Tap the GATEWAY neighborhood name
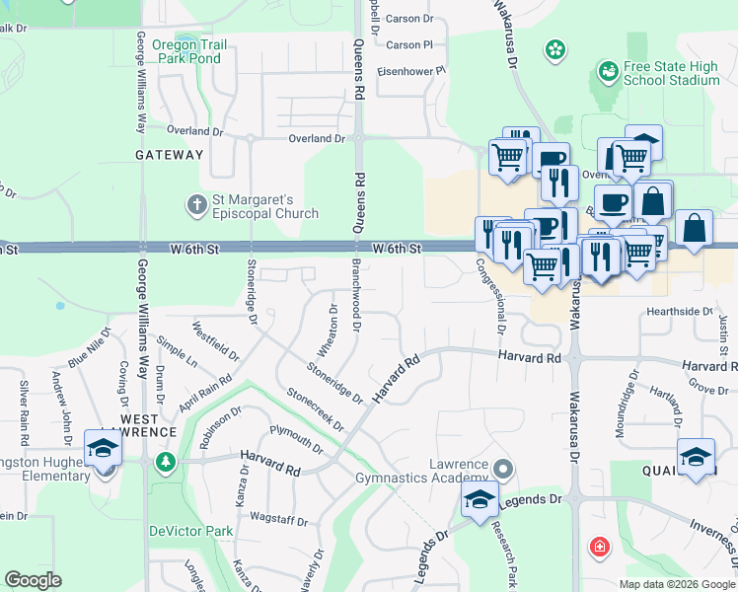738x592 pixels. coord(170,155)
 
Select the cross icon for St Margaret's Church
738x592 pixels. coord(196,206)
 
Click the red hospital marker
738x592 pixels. coord(598,547)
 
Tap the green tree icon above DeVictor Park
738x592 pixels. coord(166,462)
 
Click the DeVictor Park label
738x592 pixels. coord(190,531)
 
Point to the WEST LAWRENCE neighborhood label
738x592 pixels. coord(148,424)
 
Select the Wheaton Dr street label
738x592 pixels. coord(328,332)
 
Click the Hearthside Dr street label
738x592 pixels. coord(679,312)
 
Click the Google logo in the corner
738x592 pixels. coord(33,580)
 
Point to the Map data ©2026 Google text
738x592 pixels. coord(676,584)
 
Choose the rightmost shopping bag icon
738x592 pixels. coord(695,227)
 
